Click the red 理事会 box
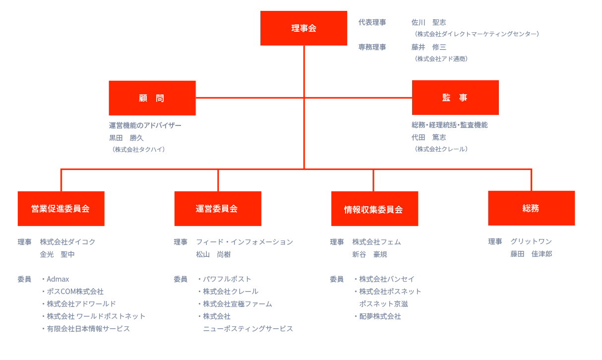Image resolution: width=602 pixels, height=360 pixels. [x=303, y=28]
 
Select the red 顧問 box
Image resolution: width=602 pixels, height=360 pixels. [x=152, y=98]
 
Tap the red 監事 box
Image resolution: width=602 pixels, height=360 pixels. [x=455, y=98]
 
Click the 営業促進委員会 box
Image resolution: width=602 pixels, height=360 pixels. [x=61, y=208]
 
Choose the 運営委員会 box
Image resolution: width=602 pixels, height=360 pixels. [x=218, y=208]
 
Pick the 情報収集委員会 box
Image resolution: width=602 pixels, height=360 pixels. [x=374, y=208]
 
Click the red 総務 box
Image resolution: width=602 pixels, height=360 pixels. [x=531, y=208]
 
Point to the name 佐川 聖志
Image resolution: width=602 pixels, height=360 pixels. [x=428, y=22]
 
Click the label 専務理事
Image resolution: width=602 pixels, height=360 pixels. [x=372, y=47]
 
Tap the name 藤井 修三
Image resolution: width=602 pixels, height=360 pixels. [x=428, y=47]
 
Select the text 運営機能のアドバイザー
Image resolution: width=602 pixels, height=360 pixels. [x=145, y=125]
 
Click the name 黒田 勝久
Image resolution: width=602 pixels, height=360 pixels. [x=126, y=138]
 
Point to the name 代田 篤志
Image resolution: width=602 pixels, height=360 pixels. [x=428, y=137]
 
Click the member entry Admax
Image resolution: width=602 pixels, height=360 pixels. [x=58, y=279]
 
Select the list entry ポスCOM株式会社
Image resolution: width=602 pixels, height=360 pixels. [x=75, y=292]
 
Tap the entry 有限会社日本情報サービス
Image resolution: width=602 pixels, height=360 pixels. [x=88, y=329]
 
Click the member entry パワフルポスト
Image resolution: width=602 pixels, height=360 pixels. [x=227, y=279]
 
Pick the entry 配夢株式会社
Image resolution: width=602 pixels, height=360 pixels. [x=380, y=316]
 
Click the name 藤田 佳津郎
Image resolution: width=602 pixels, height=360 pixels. [x=531, y=254]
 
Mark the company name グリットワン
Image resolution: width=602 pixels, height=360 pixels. [x=531, y=241]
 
